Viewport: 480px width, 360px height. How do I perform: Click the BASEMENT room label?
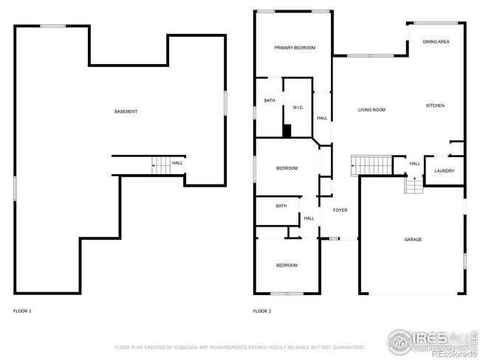tap(126, 111)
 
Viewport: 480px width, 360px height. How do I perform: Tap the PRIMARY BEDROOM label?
tap(295, 48)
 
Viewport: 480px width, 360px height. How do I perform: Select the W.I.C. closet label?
tap(298, 108)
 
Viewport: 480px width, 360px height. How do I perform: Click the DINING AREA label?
tap(436, 42)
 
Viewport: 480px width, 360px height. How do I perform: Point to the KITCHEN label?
tap(435, 105)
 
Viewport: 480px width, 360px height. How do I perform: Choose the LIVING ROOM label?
tap(372, 110)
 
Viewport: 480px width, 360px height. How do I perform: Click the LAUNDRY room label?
tap(444, 171)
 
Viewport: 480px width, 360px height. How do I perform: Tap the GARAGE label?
tap(413, 239)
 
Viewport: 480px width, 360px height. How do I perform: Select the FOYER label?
tap(340, 210)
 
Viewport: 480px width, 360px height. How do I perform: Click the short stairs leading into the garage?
tap(414, 185)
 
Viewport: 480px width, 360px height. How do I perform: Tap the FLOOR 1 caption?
tap(22, 311)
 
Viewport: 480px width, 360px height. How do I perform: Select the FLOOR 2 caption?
tap(262, 311)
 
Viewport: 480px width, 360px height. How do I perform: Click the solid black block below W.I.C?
tap(287, 131)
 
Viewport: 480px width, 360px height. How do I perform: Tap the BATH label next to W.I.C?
tap(270, 100)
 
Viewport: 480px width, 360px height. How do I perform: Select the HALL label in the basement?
tap(177, 163)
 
